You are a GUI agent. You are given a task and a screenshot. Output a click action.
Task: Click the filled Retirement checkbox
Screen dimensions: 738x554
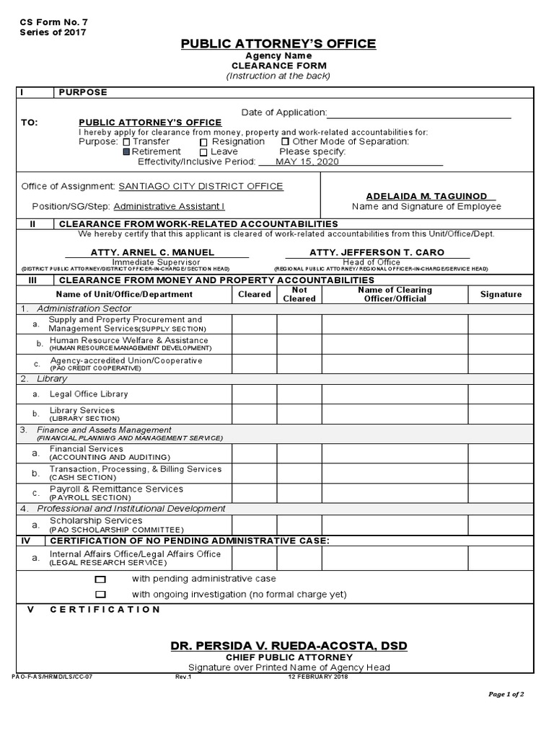tap(126, 152)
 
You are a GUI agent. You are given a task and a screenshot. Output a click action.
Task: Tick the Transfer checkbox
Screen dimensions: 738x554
tap(126, 142)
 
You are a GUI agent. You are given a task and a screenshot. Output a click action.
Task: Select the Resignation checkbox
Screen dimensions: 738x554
tap(203, 142)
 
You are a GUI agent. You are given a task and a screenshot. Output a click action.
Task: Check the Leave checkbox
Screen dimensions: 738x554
tap(203, 152)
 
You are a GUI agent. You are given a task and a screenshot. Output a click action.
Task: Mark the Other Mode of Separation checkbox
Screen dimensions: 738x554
tap(285, 142)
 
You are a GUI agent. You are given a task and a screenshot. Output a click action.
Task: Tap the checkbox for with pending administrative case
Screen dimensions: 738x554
tap(100, 579)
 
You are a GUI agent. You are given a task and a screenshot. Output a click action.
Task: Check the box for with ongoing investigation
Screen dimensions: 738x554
tap(100, 595)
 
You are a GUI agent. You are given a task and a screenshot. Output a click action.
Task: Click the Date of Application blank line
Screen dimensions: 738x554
tap(419, 112)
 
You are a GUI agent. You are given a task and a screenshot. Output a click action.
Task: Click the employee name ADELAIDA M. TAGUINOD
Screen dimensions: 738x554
tap(426, 196)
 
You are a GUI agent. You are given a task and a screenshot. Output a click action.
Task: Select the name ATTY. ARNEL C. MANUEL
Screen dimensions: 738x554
tap(151, 252)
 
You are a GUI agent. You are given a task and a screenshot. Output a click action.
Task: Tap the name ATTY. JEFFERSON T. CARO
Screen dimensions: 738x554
tap(377, 252)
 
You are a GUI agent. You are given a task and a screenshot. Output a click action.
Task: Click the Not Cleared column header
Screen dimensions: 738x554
tap(299, 294)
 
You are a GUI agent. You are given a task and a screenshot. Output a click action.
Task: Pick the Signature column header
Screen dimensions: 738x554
tap(501, 294)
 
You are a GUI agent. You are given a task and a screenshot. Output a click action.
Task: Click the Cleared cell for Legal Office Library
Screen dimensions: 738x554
tap(254, 394)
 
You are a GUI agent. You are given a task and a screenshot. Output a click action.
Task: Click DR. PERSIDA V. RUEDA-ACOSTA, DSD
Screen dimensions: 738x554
tap(289, 646)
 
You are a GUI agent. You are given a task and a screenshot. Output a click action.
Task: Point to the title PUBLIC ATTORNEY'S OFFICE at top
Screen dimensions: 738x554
tap(278, 44)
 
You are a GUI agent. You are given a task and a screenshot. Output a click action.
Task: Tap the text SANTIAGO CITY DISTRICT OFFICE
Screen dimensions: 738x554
tap(201, 186)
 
